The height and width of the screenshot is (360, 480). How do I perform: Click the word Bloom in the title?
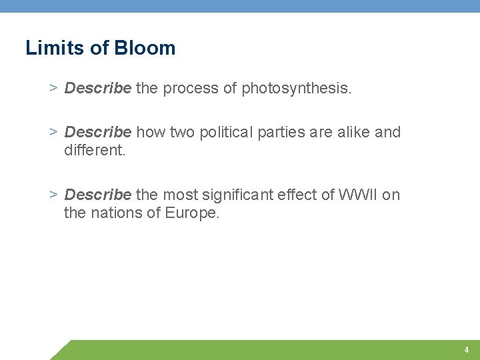pos(145,48)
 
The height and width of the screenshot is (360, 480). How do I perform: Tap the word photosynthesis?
pos(296,88)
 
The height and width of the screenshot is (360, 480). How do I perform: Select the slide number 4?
pos(467,350)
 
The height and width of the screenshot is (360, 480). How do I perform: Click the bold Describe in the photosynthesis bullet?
pos(98,88)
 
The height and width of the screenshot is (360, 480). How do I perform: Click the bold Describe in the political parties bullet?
pos(98,132)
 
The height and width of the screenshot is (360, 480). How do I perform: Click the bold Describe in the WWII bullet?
pos(98,195)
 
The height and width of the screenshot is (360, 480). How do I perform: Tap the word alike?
pos(351,132)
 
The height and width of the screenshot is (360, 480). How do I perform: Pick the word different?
pos(94,150)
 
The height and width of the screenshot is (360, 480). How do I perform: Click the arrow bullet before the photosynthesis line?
pos(53,88)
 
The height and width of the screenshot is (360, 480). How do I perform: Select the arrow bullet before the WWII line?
pos(53,195)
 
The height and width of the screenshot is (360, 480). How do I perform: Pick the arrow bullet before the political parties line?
pos(53,132)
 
